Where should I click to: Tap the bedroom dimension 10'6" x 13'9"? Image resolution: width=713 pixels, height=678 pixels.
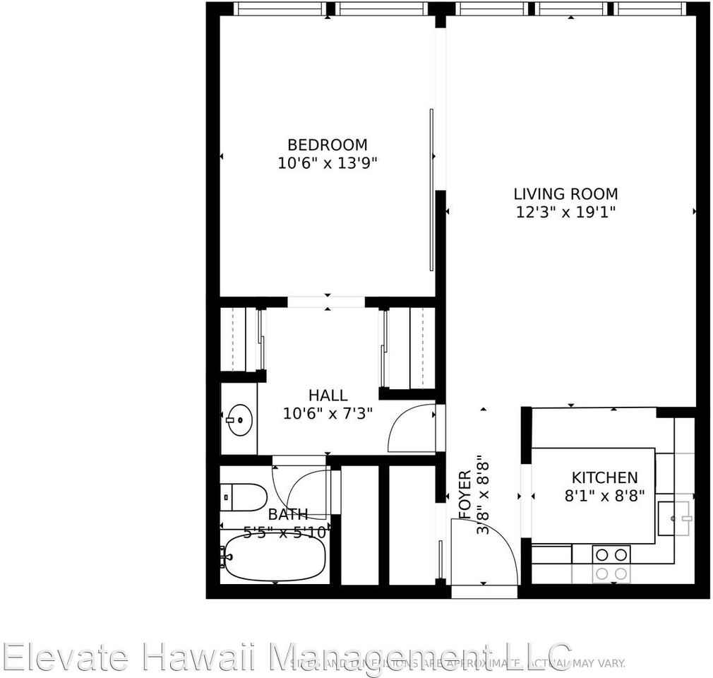(328, 163)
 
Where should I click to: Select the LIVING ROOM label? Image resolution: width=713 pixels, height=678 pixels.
(565, 194)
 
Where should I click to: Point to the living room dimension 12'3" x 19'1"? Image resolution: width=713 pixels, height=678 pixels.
(565, 212)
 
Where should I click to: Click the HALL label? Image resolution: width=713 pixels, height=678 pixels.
(328, 395)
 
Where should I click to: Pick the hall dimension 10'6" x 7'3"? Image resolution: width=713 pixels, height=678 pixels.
(328, 414)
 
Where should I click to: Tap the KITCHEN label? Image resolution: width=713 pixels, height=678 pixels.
(604, 478)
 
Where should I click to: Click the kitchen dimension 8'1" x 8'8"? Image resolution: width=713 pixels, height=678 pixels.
(604, 496)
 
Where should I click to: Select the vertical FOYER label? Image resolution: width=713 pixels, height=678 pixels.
(465, 495)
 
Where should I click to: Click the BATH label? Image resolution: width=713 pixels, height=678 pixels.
(287, 514)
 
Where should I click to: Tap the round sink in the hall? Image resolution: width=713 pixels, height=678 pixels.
(239, 420)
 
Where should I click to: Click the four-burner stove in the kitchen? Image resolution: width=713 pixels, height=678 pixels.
(611, 564)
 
